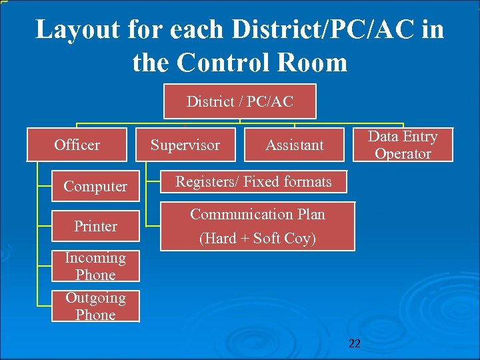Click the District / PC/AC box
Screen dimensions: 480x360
[240, 101]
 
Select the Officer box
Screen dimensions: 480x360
[77, 145]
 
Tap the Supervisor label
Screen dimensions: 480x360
[185, 145]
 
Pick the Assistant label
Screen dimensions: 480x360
[294, 145]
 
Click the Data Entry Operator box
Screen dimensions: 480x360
[403, 145]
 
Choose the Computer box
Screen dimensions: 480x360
[95, 186]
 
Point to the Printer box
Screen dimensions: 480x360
[95, 226]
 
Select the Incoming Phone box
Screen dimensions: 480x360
[95, 266]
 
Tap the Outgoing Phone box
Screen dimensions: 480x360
[95, 306]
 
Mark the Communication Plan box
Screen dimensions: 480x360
[257, 226]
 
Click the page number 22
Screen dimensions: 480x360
[355, 343]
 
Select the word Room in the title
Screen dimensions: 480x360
[317, 63]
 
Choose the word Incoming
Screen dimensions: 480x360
[95, 257]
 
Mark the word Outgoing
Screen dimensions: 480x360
[95, 297]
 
